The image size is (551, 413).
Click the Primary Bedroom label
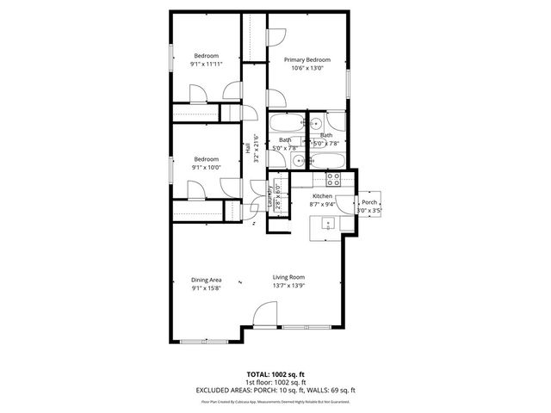(307, 60)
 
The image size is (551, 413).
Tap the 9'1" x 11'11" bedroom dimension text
(206, 64)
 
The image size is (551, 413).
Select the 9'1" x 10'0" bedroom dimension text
(206, 167)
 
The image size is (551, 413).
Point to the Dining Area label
(206, 278)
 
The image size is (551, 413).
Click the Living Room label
(288, 277)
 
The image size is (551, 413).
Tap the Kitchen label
(322, 196)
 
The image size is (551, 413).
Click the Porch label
(369, 201)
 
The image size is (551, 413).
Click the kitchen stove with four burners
(335, 179)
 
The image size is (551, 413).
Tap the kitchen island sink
(329, 224)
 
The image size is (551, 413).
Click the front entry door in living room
(264, 317)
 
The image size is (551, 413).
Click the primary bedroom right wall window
(350, 83)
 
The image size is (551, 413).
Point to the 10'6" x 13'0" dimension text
(307, 69)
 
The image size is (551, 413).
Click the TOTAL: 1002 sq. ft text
(275, 375)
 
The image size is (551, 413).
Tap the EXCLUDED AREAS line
(275, 390)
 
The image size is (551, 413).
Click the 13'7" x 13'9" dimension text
(288, 286)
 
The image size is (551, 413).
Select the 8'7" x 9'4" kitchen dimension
(322, 205)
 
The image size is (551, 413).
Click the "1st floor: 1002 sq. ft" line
(275, 382)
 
